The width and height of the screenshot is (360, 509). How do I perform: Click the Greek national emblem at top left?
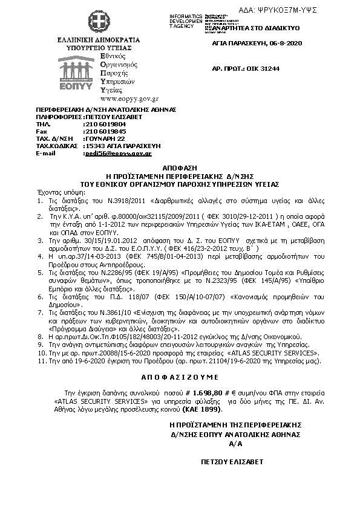96,22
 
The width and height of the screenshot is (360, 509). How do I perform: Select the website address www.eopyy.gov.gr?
121,98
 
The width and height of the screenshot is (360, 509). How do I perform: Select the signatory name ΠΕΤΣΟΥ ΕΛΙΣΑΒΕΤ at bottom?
233,462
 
